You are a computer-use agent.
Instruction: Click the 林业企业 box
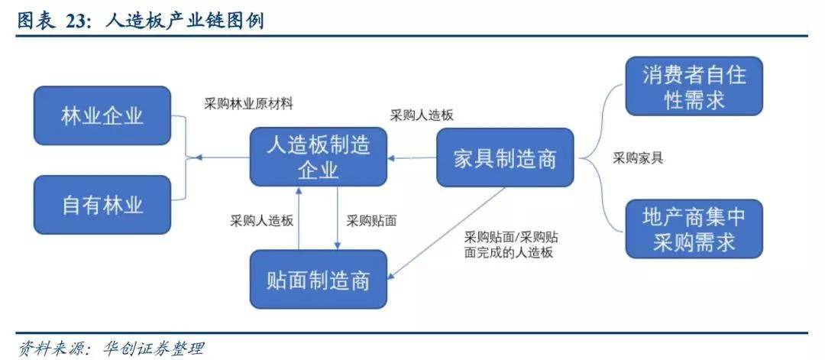[102, 115]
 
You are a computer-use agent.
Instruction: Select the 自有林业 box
[102, 205]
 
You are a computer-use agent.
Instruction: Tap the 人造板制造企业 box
[318, 156]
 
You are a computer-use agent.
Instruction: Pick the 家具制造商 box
[504, 158]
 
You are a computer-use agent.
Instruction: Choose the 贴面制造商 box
[319, 280]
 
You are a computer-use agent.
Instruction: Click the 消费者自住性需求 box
[694, 86]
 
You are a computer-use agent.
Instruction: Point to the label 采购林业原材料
[249, 103]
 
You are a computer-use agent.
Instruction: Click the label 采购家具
[638, 158]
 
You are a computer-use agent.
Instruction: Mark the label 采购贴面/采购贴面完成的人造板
[510, 244]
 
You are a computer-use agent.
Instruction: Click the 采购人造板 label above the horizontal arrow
[422, 115]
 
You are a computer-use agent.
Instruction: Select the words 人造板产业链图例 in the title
[183, 21]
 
